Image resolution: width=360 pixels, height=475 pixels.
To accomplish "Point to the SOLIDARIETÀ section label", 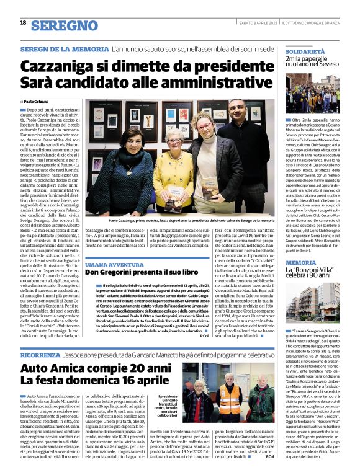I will click(x=305, y=46).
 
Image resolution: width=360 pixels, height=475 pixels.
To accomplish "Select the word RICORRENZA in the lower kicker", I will click(x=40, y=357).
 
